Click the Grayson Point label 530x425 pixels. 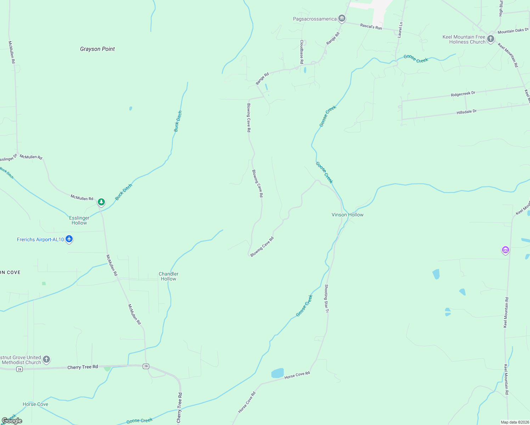(x=97, y=49)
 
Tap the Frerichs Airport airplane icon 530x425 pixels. (x=69, y=239)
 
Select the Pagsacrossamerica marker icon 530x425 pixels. (x=342, y=18)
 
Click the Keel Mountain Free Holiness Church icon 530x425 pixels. (x=490, y=39)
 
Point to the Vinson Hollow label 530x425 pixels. (x=347, y=215)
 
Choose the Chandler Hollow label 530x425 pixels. (x=169, y=276)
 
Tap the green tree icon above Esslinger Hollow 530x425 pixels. (x=101, y=202)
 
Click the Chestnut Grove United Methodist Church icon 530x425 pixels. (x=46, y=359)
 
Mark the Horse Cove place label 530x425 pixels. (x=35, y=404)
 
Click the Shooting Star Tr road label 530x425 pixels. (x=327, y=299)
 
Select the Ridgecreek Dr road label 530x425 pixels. (x=463, y=94)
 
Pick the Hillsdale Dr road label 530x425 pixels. (x=467, y=112)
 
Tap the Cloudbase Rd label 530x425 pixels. (x=301, y=52)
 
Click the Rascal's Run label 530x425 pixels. (x=371, y=27)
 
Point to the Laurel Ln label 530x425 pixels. (x=400, y=30)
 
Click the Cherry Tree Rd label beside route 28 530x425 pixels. (x=83, y=367)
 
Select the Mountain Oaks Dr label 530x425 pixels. (x=513, y=31)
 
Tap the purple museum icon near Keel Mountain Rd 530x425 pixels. (x=506, y=250)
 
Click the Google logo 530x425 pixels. (x=12, y=420)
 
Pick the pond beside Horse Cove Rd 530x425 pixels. (x=278, y=373)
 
